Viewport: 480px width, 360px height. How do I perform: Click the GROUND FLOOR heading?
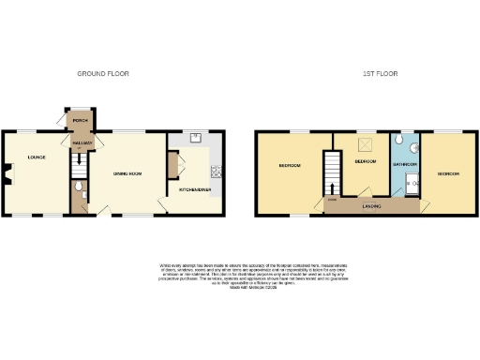tap(102, 73)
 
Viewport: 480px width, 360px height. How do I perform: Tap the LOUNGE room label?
tap(36, 157)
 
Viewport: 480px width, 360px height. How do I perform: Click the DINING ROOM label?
tap(127, 173)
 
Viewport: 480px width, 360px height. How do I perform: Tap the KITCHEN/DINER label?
tap(194, 189)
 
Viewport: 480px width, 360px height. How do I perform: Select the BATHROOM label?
tap(404, 165)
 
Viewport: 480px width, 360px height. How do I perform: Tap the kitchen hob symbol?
tap(216, 171)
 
